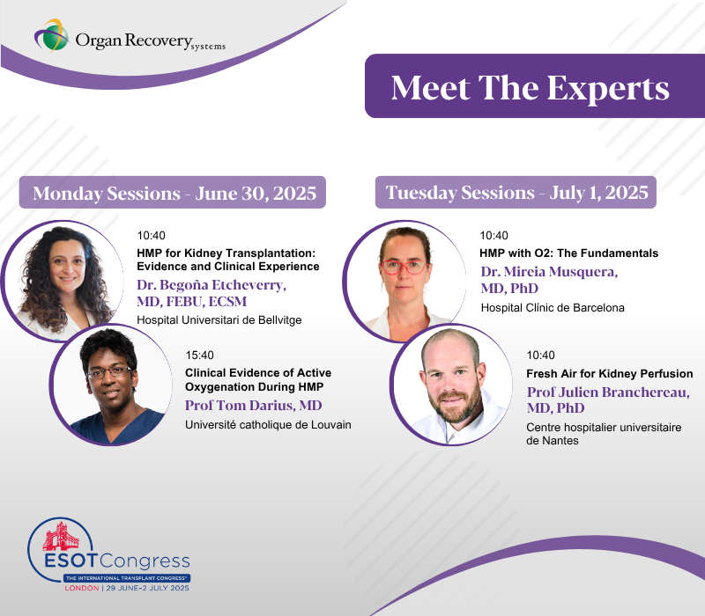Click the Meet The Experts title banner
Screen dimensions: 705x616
535,86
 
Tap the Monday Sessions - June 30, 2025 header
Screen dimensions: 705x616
172,193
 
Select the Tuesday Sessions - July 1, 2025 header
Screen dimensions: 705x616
516,193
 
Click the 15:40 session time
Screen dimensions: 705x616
199,356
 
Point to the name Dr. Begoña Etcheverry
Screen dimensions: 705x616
211,285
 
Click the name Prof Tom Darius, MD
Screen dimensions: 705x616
254,406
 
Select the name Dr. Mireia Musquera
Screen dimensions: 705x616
549,272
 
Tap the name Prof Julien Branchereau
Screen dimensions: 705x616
608,392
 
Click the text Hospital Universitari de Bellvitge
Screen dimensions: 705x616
219,320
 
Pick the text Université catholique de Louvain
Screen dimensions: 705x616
268,425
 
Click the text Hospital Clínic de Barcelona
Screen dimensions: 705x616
553,307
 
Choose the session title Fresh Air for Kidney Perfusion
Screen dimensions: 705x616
609,373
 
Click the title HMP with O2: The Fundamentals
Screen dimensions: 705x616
568,253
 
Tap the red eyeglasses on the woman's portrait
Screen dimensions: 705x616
403,268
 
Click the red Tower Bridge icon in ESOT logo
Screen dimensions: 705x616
60,537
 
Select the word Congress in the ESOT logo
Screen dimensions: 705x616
145,561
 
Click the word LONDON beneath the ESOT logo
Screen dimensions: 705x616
82,588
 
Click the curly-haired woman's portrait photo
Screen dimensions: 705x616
63,281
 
